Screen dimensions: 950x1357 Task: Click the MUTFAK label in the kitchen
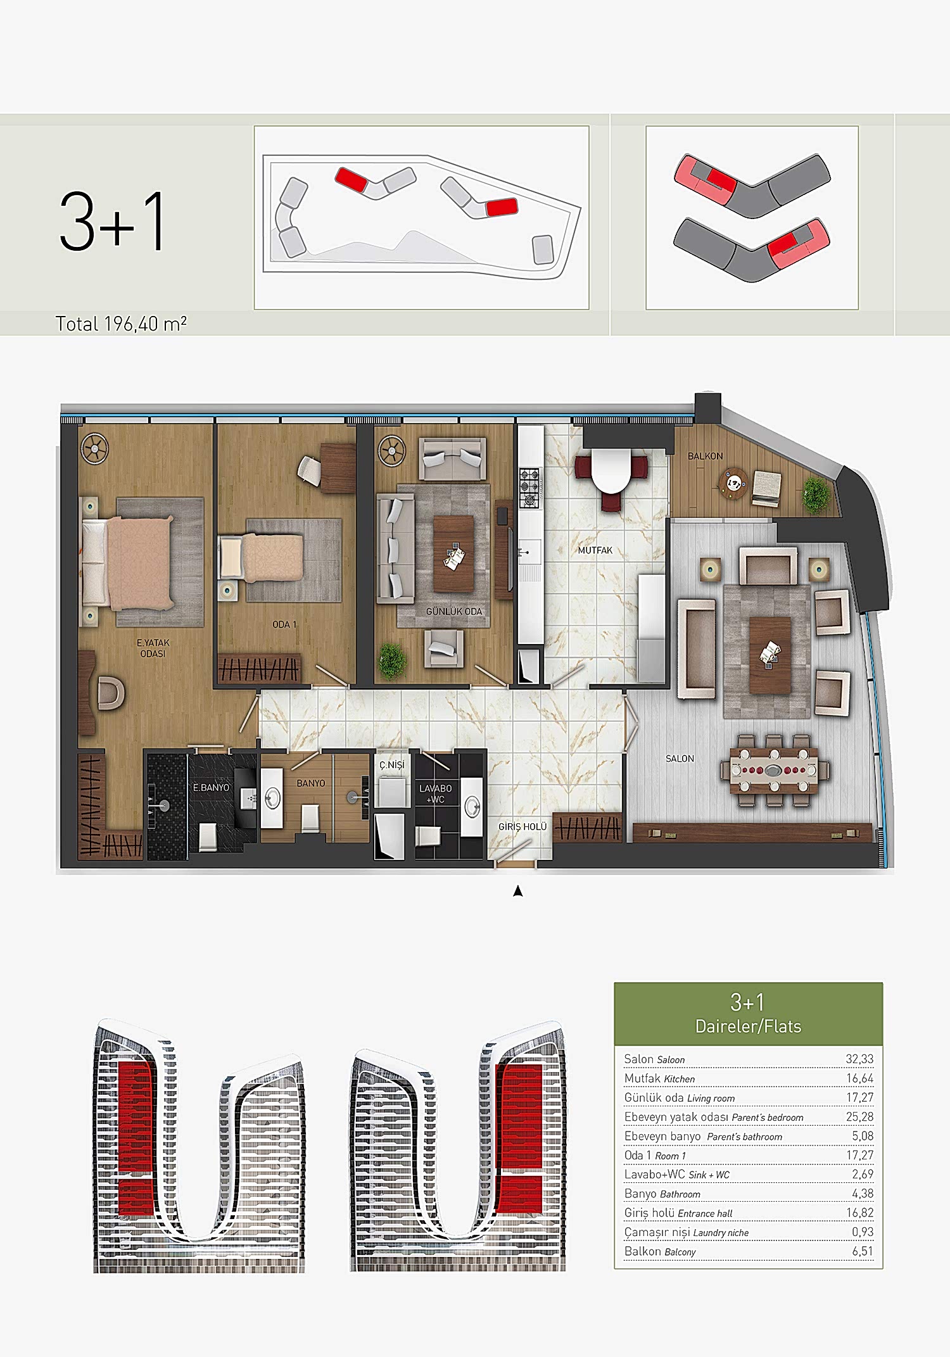pyautogui.click(x=595, y=550)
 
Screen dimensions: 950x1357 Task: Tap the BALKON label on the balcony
pyautogui.click(x=705, y=456)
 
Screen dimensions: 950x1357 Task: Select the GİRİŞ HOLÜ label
pyautogui.click(x=522, y=826)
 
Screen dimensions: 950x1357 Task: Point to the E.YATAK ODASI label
pyautogui.click(x=153, y=648)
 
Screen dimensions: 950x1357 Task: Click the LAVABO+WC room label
pyautogui.click(x=436, y=793)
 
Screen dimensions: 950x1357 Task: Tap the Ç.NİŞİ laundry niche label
pyautogui.click(x=391, y=764)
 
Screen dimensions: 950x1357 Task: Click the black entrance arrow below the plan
pyautogui.click(x=518, y=891)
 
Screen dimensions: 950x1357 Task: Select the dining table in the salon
pyautogui.click(x=773, y=771)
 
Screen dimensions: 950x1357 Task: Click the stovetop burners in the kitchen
pyautogui.click(x=529, y=488)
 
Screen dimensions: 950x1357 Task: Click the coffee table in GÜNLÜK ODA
pyautogui.click(x=453, y=553)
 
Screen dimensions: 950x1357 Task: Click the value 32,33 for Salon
pyautogui.click(x=859, y=1059)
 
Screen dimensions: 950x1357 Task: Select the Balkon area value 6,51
pyautogui.click(x=863, y=1251)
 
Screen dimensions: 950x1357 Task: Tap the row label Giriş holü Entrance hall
pyautogui.click(x=678, y=1213)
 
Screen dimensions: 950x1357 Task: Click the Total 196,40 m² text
pyautogui.click(x=121, y=324)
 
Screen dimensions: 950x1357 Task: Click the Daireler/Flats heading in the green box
pyautogui.click(x=748, y=1026)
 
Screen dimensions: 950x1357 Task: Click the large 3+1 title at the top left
pyautogui.click(x=112, y=222)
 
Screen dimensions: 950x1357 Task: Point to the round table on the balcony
pyautogui.click(x=735, y=484)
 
